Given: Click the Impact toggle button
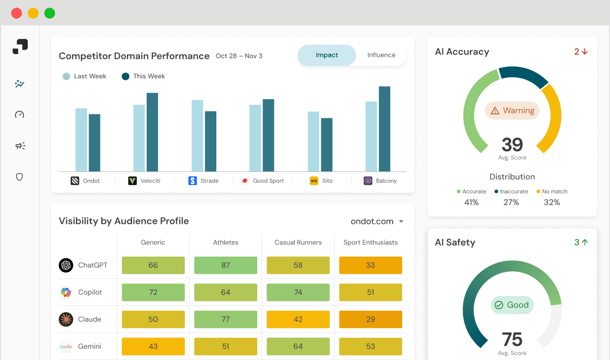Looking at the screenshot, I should pyautogui.click(x=326, y=55).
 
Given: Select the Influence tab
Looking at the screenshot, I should pyautogui.click(x=381, y=55).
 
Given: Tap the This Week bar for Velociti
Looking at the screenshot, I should pyautogui.click(x=152, y=132).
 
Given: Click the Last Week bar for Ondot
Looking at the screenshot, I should pyautogui.click(x=81, y=140).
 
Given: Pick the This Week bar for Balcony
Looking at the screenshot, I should pyautogui.click(x=384, y=129).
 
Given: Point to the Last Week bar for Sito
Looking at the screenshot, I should pyautogui.click(x=313, y=141).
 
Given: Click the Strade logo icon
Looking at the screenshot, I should pyautogui.click(x=192, y=181).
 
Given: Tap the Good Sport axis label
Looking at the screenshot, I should pyautogui.click(x=268, y=181).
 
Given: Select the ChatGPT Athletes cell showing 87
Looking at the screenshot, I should pyautogui.click(x=226, y=265).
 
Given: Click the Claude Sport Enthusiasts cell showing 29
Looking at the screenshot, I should pyautogui.click(x=370, y=320).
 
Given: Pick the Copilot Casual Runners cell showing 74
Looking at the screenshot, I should pyautogui.click(x=298, y=292).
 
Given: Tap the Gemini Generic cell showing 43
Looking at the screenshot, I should pyautogui.click(x=153, y=346).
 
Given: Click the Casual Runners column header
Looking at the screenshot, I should pyautogui.click(x=298, y=243).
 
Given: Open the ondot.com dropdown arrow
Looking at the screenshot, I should pyautogui.click(x=401, y=222).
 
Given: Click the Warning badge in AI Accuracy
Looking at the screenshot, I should pyautogui.click(x=512, y=111).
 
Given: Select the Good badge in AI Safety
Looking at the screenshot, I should pyautogui.click(x=512, y=305).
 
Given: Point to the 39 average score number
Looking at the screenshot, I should pyautogui.click(x=512, y=145).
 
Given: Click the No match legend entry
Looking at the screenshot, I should pyautogui.click(x=552, y=191).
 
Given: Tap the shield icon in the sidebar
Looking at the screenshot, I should pyautogui.click(x=19, y=177).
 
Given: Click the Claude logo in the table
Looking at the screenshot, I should pyautogui.click(x=66, y=320).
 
